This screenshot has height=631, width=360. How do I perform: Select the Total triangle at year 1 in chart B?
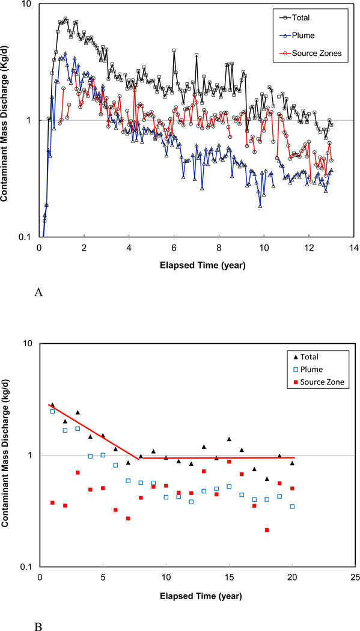[52, 405]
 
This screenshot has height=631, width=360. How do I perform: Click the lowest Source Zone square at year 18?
[267, 530]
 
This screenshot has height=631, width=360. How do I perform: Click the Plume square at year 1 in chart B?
[52, 412]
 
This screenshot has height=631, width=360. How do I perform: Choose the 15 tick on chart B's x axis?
[228, 578]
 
